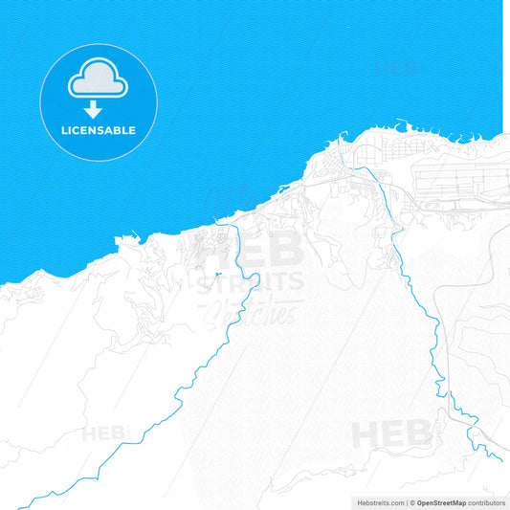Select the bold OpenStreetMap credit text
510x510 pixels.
click(x=441, y=501)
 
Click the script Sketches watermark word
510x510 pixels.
click(x=252, y=308)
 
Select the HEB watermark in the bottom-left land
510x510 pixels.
click(x=103, y=433)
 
